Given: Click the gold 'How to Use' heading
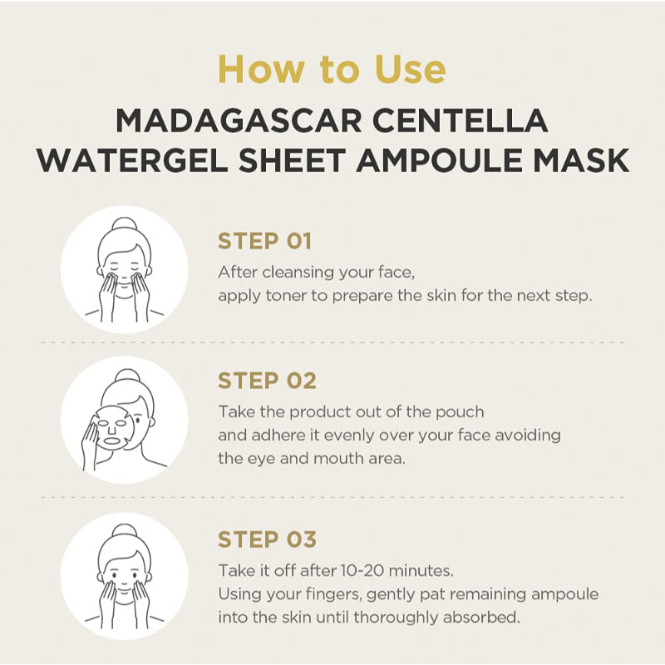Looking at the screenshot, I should click(332, 69).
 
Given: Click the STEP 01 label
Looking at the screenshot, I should click(264, 242).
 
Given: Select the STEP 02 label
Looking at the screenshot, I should click(267, 382).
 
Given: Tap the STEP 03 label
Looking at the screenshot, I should click(267, 539).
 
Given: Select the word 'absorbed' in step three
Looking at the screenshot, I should click(488, 618).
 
